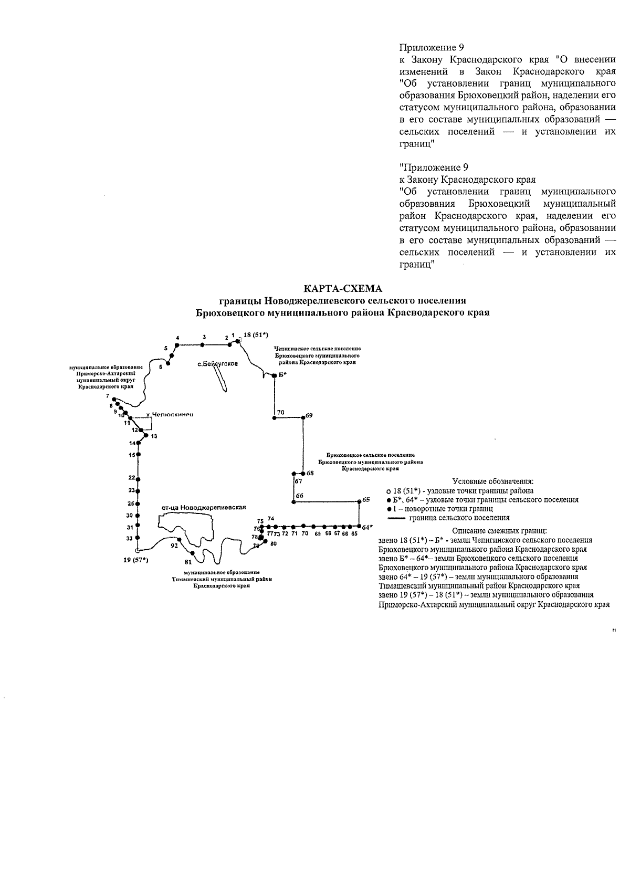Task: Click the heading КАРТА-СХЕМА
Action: (x=343, y=289)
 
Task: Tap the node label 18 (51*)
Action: (x=256, y=335)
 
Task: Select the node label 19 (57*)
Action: (x=136, y=560)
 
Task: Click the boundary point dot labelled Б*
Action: (x=274, y=375)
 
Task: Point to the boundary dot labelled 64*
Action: (x=359, y=526)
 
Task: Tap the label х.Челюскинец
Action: (x=170, y=415)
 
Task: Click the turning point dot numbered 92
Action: (x=180, y=540)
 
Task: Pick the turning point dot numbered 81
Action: (x=194, y=553)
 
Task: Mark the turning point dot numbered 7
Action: (x=114, y=401)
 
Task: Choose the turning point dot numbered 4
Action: (x=177, y=345)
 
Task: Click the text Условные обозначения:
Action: (x=493, y=481)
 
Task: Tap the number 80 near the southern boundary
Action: (x=273, y=543)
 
